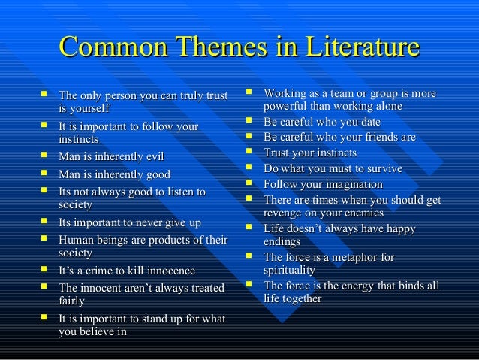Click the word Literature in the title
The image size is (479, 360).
pyautogui.click(x=361, y=47)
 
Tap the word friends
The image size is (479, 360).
pyautogui.click(x=378, y=138)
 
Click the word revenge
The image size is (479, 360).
pyautogui.click(x=286, y=213)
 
